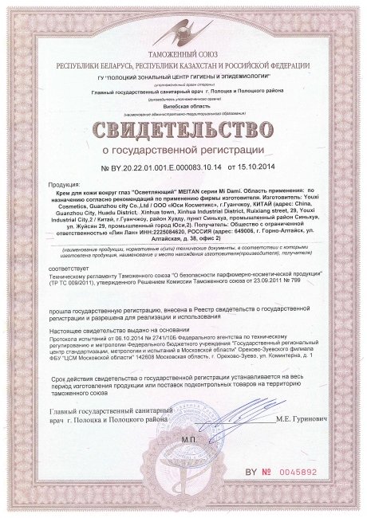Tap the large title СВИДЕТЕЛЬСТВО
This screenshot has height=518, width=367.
pyautogui.click(x=183, y=129)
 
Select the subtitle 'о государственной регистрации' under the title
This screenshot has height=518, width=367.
pyautogui.click(x=183, y=151)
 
